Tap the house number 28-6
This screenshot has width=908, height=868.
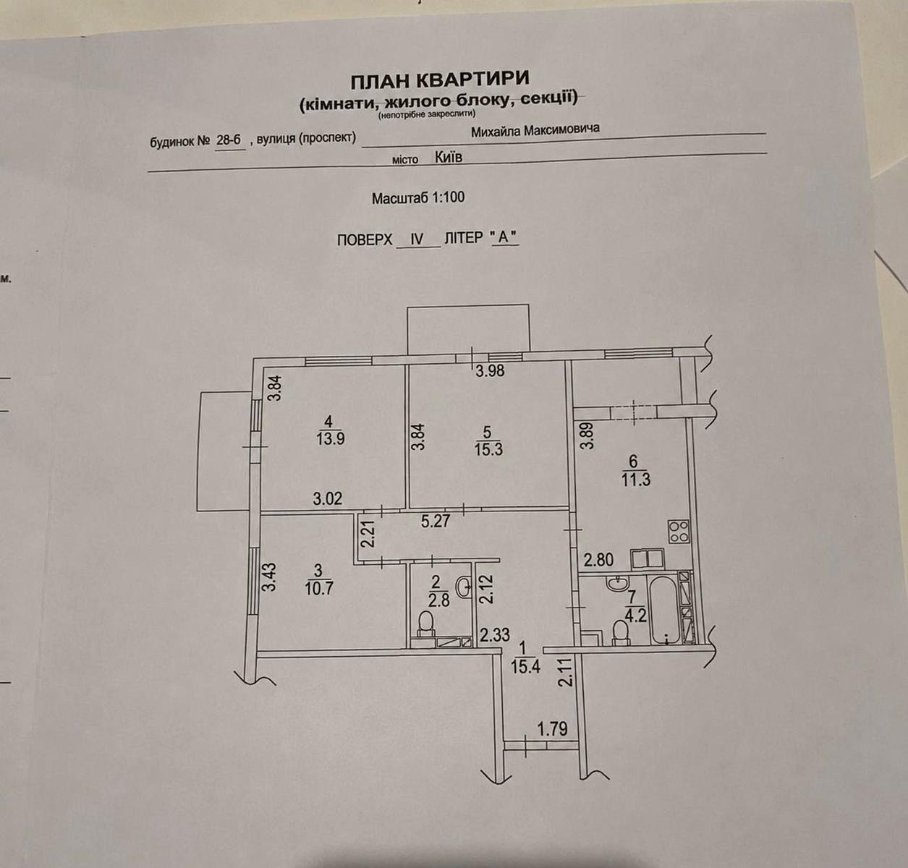click(x=229, y=140)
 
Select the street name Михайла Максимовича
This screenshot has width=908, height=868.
click(x=535, y=130)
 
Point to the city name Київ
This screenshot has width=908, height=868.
click(x=449, y=157)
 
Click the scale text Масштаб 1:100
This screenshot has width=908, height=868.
click(x=418, y=197)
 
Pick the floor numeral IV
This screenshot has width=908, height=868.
click(x=417, y=239)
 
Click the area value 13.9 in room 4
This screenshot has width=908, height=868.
click(x=331, y=438)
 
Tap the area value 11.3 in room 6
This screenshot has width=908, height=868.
click(x=635, y=480)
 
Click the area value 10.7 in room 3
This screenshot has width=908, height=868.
click(x=319, y=587)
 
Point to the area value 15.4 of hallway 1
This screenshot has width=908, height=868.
click(x=525, y=666)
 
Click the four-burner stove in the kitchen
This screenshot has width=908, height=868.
click(x=679, y=531)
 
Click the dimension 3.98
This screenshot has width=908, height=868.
click(x=490, y=371)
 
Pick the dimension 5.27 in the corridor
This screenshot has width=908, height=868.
click(x=436, y=521)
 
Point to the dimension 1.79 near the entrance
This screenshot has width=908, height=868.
click(x=553, y=728)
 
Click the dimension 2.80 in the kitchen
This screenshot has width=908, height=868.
click(x=598, y=559)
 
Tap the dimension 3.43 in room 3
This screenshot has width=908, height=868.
click(x=270, y=577)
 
